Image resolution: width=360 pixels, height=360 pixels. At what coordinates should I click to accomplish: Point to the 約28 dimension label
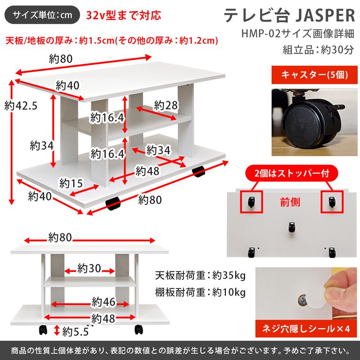165,105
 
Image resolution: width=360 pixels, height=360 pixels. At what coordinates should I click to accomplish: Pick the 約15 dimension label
71,183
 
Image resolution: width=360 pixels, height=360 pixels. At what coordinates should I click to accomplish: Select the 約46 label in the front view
104,301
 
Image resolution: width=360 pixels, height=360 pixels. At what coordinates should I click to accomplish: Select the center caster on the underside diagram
292,227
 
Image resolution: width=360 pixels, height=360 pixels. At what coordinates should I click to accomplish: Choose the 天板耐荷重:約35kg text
200,274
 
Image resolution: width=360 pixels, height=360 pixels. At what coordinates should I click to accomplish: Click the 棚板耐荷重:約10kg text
200,292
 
